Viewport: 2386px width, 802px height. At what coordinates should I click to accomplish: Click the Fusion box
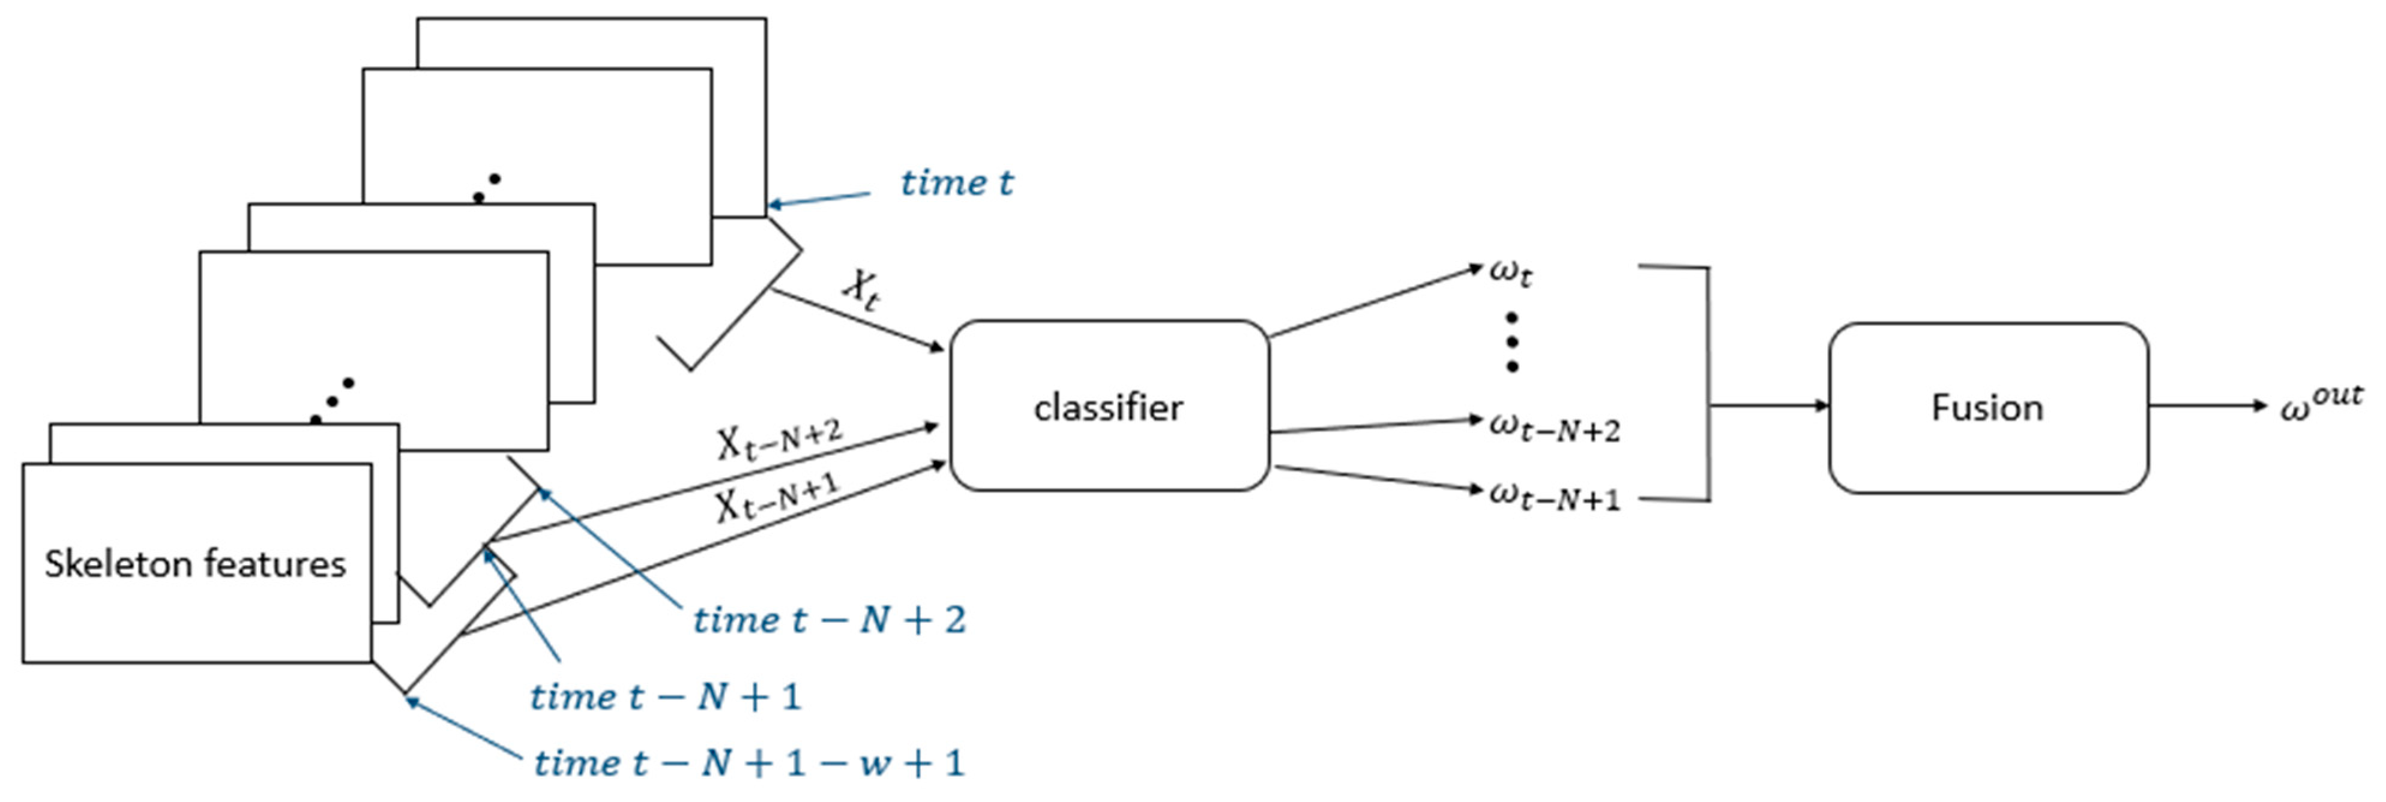[x=1987, y=407]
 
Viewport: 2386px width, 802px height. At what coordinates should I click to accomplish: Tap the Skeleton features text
[x=196, y=563]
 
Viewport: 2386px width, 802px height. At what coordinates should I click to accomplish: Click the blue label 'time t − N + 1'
[x=665, y=696]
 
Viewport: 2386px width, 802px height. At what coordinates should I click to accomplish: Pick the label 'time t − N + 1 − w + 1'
[x=749, y=763]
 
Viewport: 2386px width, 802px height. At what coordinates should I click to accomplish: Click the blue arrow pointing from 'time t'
[x=820, y=199]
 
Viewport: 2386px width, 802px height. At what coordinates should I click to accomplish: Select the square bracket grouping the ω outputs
[x=1707, y=385]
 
